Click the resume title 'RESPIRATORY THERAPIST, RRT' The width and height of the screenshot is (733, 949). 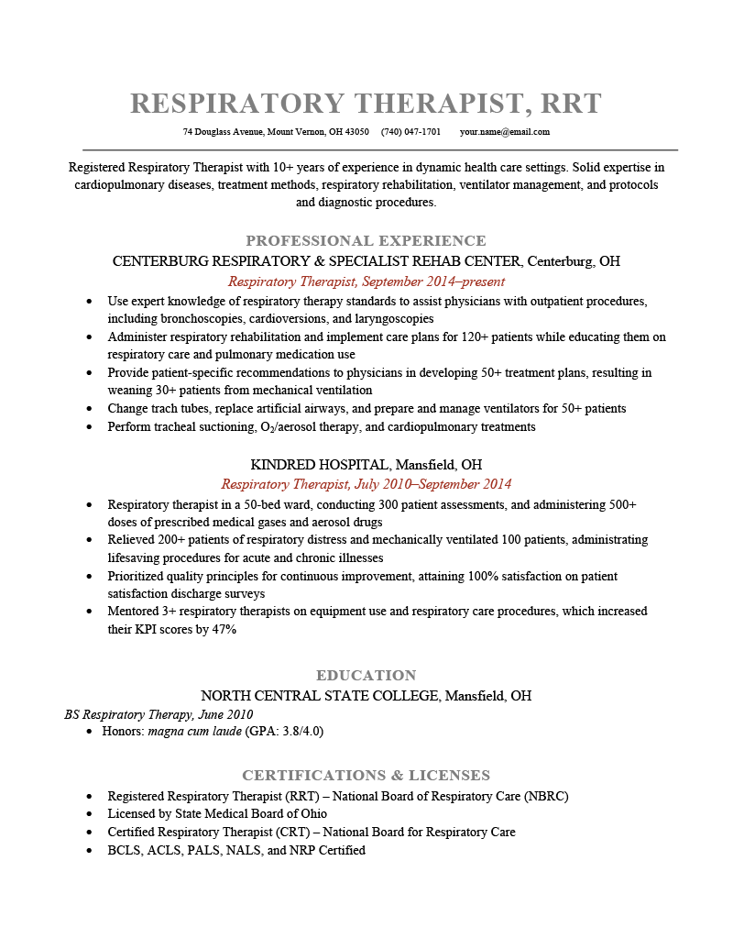366,103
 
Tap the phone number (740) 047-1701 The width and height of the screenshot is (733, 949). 410,132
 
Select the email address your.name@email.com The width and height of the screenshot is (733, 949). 505,132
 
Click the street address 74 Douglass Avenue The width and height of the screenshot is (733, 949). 224,132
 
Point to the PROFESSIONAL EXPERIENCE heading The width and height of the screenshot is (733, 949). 366,241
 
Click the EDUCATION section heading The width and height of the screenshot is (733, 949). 366,675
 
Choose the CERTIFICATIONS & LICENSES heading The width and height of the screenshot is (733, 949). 366,775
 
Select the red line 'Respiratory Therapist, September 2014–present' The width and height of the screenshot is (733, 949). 366,281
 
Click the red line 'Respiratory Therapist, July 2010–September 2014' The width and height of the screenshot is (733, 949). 366,484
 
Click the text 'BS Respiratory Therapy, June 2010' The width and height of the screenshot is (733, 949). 159,714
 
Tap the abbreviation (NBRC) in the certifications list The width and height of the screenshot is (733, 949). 546,797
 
